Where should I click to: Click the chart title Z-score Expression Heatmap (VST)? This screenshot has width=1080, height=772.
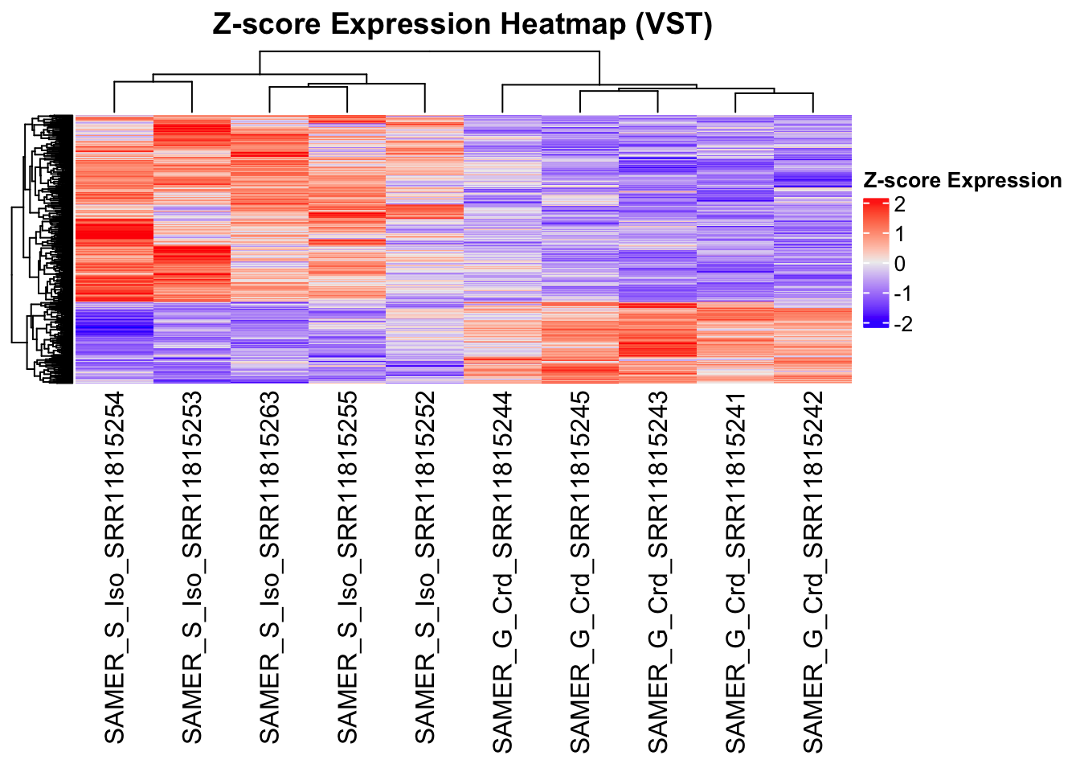462,24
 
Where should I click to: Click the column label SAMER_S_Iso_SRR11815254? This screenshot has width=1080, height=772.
115,568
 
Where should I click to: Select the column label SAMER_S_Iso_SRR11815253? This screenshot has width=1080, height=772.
192,568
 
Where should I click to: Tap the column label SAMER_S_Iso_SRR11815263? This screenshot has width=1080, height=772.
270,568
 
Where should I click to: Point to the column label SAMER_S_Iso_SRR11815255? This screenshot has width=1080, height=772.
347,568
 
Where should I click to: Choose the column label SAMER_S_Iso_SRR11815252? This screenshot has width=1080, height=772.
425,568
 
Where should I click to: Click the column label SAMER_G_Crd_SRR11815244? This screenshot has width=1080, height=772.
502,572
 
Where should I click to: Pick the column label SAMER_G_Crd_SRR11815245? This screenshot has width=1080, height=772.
580,572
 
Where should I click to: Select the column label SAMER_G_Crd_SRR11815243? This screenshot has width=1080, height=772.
658,572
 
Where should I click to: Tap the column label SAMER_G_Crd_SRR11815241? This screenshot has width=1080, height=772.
735,572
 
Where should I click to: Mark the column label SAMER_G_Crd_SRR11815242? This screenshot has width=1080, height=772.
813,572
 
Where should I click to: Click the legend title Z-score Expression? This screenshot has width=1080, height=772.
962,181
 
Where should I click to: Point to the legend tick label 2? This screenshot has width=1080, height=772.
899,204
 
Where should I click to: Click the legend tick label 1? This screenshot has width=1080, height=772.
899,234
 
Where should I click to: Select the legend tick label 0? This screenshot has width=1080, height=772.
899,264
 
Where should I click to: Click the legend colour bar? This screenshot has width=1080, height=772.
875,263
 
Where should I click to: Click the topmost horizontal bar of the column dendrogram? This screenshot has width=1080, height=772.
429,51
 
